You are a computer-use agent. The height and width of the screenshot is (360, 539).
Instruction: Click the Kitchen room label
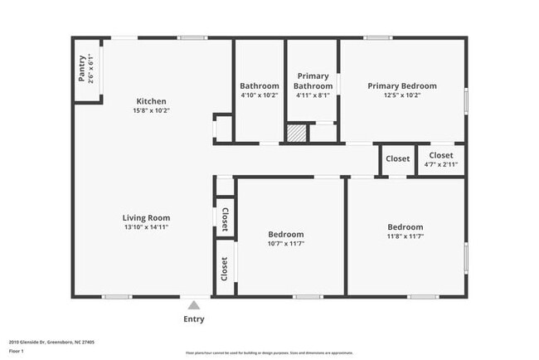[151, 101]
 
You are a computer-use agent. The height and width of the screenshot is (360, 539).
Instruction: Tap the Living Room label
[147, 218]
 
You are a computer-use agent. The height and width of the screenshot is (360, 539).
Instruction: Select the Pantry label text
[81, 68]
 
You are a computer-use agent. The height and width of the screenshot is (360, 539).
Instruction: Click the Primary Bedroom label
[402, 85]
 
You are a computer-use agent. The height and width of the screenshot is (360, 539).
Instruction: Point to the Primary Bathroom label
[313, 80]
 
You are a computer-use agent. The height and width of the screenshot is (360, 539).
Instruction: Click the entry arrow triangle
[193, 305]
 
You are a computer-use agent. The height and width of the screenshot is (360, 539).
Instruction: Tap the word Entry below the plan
[193, 319]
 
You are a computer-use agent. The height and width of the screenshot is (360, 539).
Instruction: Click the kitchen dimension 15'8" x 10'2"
[151, 110]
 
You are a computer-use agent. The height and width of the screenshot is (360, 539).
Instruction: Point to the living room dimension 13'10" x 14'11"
[147, 227]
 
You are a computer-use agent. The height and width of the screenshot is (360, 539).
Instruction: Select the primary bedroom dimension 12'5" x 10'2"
[402, 95]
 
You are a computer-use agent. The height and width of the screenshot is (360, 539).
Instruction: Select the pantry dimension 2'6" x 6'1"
[91, 68]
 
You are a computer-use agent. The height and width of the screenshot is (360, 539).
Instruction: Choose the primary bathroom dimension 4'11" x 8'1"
[313, 95]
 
